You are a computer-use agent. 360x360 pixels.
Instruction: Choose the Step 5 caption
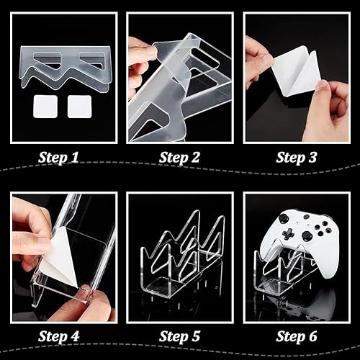[x=180, y=336]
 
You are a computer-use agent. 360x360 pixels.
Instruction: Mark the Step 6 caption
[x=299, y=336]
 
